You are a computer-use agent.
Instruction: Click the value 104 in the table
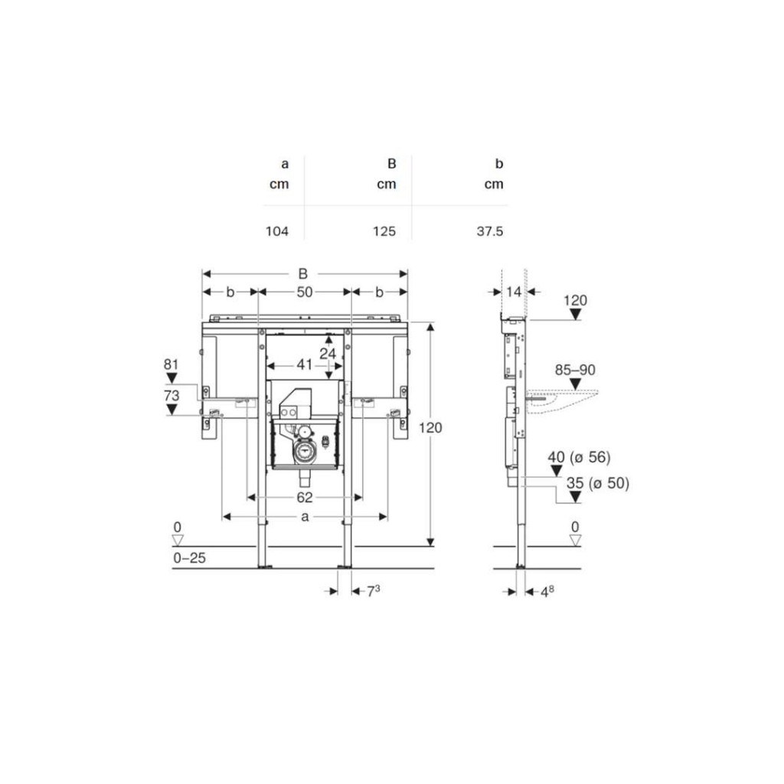(277, 231)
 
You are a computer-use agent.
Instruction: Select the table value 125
(384, 231)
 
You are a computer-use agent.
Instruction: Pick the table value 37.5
(490, 231)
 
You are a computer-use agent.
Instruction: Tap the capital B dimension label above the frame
(303, 274)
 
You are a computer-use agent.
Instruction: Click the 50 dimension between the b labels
(305, 292)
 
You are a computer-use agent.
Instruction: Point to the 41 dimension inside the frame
(305, 364)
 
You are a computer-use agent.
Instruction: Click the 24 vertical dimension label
(328, 354)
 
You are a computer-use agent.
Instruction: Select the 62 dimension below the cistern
(305, 498)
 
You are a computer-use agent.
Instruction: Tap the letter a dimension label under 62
(305, 517)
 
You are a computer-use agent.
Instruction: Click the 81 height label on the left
(171, 364)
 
